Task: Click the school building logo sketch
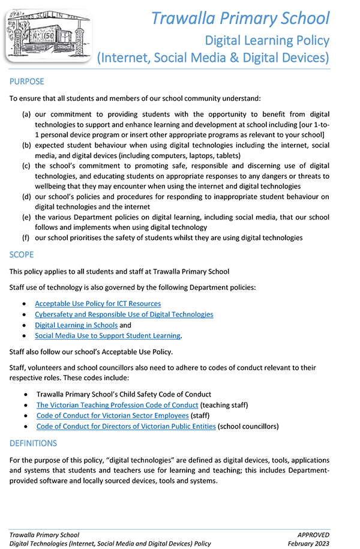pos(45,33)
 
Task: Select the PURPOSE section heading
pos(27,82)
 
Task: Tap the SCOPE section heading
pos(22,254)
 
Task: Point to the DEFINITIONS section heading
pos(33,443)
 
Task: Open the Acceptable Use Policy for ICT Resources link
pos(98,304)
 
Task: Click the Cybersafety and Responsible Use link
pos(124,314)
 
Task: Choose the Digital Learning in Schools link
pos(76,325)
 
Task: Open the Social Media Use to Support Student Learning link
pos(107,335)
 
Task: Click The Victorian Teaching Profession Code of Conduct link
pos(117,405)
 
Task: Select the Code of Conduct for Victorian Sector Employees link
pos(112,416)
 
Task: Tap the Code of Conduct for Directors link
pos(126,427)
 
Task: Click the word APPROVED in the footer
pos(313,535)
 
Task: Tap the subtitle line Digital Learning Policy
pos(267,40)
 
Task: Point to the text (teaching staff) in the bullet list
pos(224,405)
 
